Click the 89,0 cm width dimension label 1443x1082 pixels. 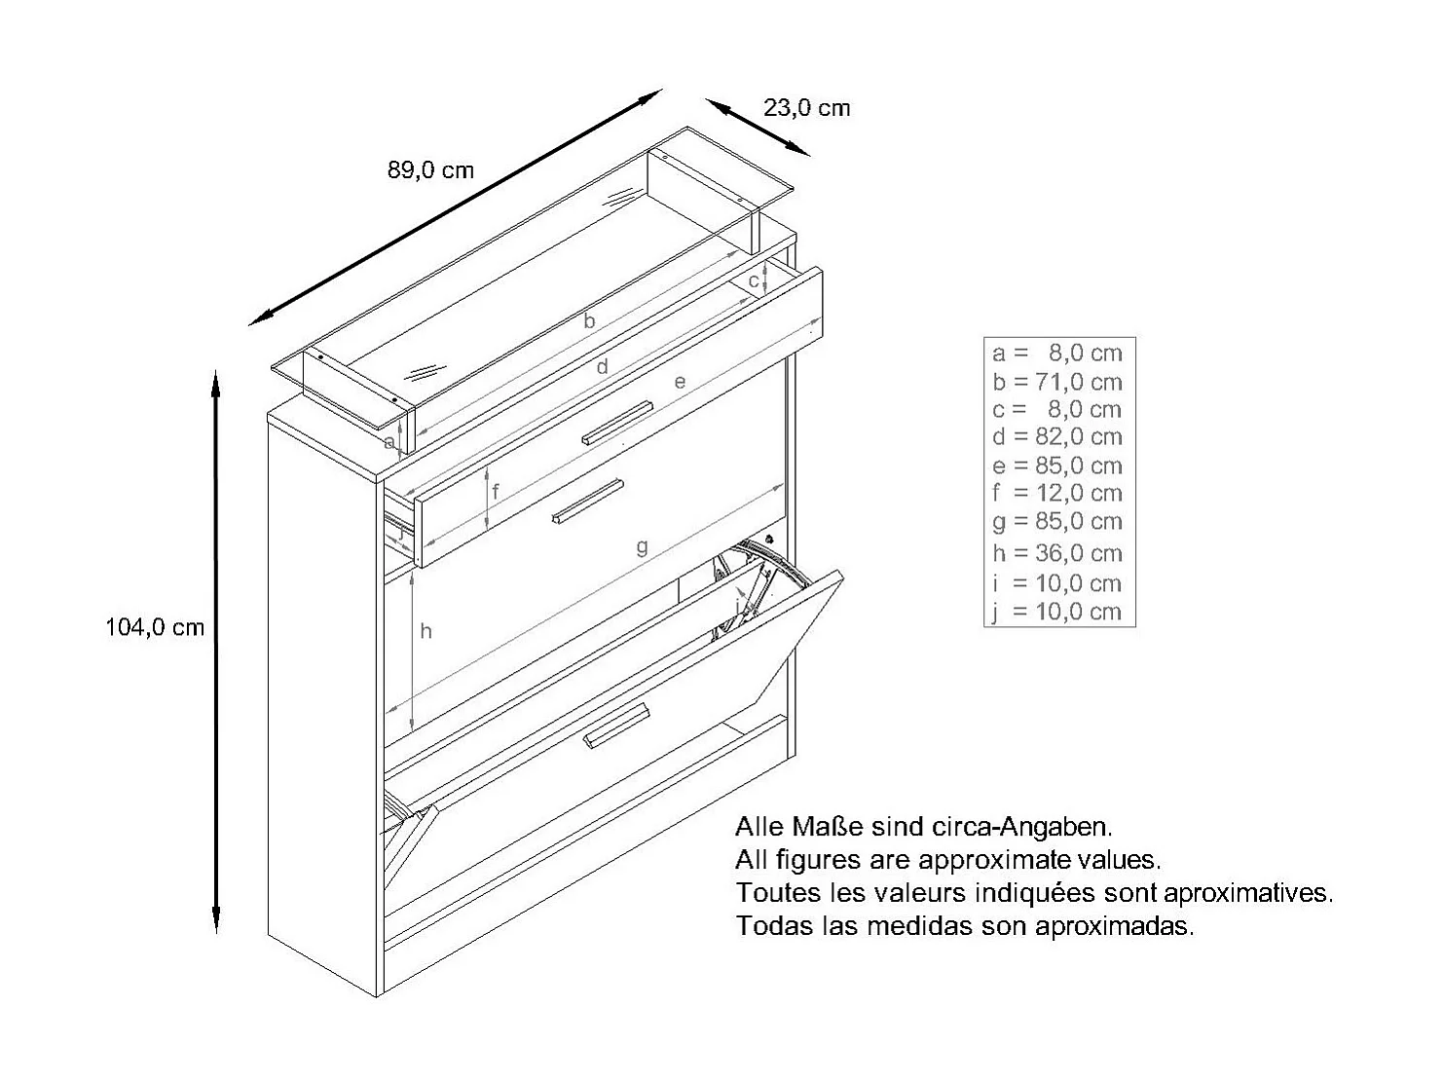(430, 170)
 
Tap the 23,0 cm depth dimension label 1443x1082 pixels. (806, 108)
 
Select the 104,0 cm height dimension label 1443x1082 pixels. (155, 628)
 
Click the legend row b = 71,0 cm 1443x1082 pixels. (1057, 382)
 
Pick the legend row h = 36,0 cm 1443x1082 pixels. (1057, 553)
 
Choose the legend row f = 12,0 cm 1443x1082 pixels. (1057, 493)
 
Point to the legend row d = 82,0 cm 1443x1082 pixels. (1057, 437)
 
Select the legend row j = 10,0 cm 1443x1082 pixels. (1057, 612)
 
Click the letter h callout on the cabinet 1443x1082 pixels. (425, 632)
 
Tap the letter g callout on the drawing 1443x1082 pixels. (642, 546)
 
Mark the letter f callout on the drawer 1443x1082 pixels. (496, 492)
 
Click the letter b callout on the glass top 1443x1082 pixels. (588, 320)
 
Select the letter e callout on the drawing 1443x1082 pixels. (680, 382)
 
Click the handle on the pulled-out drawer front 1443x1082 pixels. (587, 501)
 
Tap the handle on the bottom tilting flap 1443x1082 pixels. (616, 728)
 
